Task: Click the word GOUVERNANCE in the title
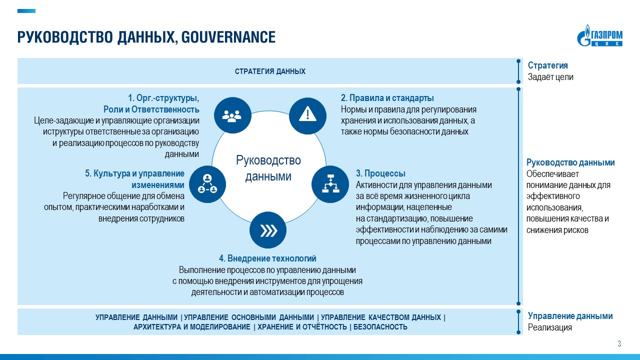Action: (x=228, y=37)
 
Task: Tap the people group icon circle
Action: (x=231, y=115)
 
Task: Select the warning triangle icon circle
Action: (x=307, y=115)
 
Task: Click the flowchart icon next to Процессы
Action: (x=330, y=183)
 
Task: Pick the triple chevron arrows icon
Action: (x=268, y=230)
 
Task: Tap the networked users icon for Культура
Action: (x=207, y=183)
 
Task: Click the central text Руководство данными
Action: (x=268, y=168)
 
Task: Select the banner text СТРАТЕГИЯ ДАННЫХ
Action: (x=270, y=71)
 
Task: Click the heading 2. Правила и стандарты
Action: (x=387, y=98)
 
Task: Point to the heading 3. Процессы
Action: (x=380, y=173)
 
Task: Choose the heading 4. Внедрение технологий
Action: (x=267, y=258)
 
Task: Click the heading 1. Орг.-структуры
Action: (x=164, y=98)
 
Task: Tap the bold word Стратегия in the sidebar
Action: (x=547, y=65)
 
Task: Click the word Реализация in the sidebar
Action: (x=549, y=327)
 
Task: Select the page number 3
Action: (x=619, y=343)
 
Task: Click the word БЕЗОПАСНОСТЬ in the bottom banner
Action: (x=380, y=327)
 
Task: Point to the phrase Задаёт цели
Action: (x=550, y=77)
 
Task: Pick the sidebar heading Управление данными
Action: (x=570, y=316)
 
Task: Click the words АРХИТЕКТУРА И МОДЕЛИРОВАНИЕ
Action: (x=191, y=327)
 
